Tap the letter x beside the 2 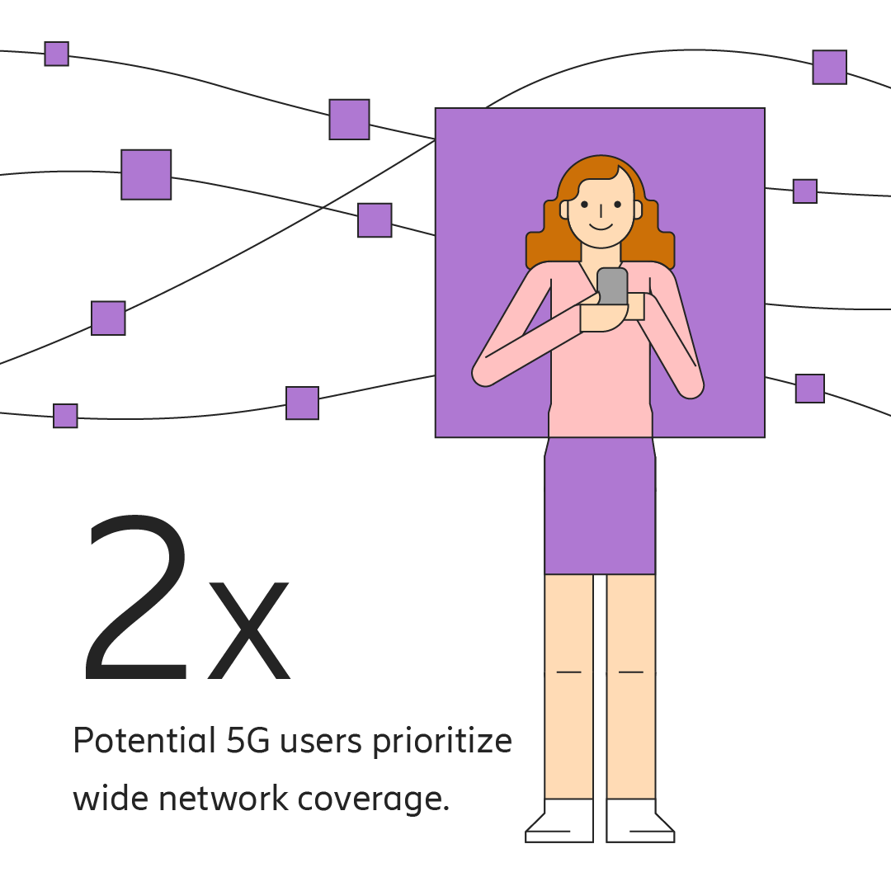(249, 631)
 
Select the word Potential (144, 741)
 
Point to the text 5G (247, 741)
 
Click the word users (321, 742)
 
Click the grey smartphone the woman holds (612, 285)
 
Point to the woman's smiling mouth (601, 224)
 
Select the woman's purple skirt (600, 507)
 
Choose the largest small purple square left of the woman (146, 175)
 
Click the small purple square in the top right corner (829, 67)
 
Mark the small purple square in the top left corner (56, 54)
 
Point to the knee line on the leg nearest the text (568, 672)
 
